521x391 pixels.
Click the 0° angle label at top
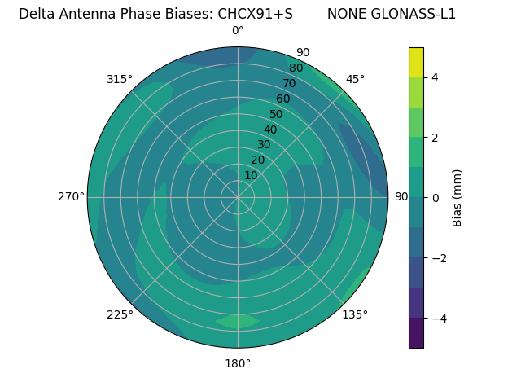pyautogui.click(x=238, y=31)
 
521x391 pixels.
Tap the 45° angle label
pyautogui.click(x=355, y=79)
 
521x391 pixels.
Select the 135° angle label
pyautogui.click(x=355, y=314)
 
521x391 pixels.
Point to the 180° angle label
pyautogui.click(x=238, y=363)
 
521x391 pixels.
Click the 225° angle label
pyautogui.click(x=120, y=315)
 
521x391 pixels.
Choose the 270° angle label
pyautogui.click(x=71, y=196)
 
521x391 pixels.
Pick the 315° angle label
pyautogui.click(x=120, y=79)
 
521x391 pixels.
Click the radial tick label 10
pyautogui.click(x=251, y=175)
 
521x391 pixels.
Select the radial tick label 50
pyautogui.click(x=276, y=115)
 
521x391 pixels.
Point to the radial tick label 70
pyautogui.click(x=289, y=84)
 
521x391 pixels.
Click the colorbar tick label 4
pyautogui.click(x=435, y=77)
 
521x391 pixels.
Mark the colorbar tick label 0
pyautogui.click(x=435, y=198)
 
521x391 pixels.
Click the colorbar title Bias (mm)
pyautogui.click(x=458, y=197)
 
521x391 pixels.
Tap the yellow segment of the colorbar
pyautogui.click(x=416, y=62)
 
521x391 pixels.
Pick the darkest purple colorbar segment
pyautogui.click(x=416, y=333)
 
